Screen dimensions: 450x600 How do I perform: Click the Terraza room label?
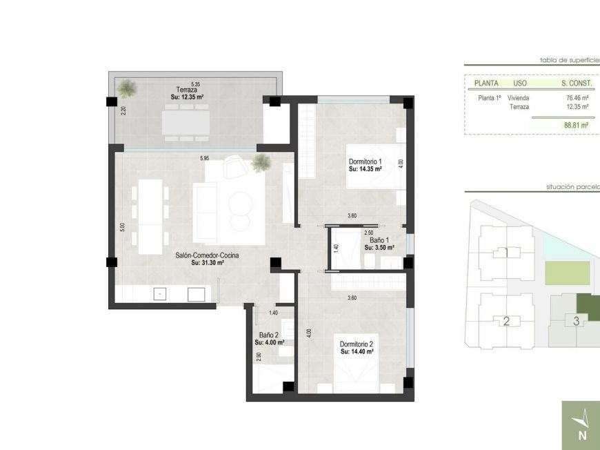[186, 90]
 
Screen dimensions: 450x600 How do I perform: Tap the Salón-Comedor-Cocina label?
[207, 255]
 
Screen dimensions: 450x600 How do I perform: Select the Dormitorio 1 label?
[365, 164]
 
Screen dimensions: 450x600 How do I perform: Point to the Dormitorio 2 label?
[357, 344]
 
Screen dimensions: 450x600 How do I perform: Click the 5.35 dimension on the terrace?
[195, 84]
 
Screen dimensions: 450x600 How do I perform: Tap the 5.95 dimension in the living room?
[204, 159]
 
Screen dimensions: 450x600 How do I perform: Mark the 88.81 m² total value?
[575, 126]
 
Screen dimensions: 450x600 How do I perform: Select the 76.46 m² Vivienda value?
[577, 98]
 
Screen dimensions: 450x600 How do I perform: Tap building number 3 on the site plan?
[576, 320]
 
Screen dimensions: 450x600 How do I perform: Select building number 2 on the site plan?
[506, 321]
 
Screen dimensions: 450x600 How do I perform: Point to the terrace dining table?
[188, 123]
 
